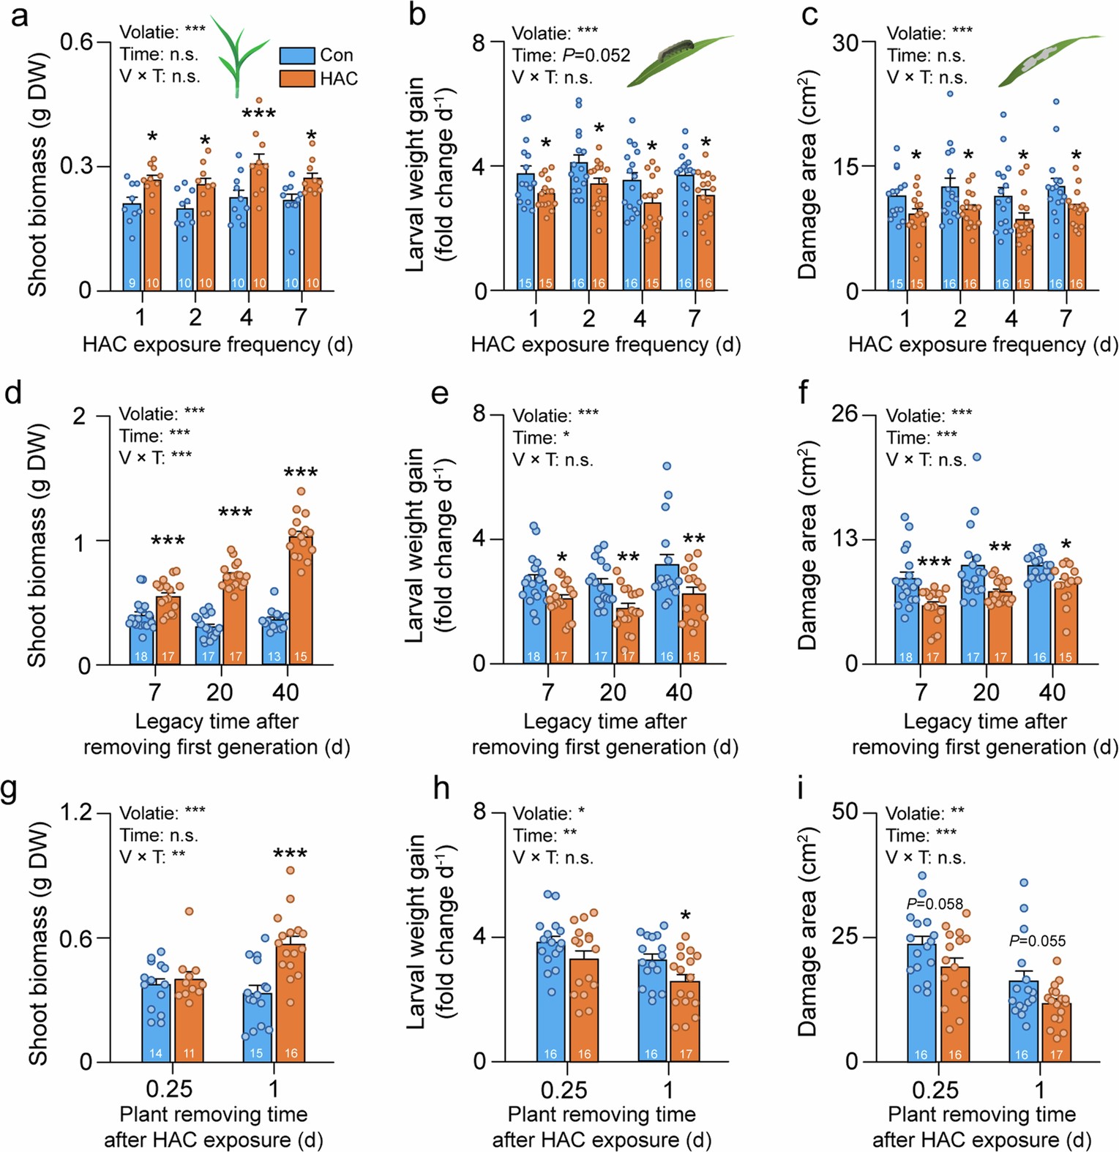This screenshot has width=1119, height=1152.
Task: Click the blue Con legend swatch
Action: click(296, 56)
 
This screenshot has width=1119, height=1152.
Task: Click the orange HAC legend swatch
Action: click(296, 78)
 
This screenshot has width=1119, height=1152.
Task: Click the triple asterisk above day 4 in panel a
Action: click(258, 114)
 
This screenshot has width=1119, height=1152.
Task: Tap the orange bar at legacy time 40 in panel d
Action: click(301, 600)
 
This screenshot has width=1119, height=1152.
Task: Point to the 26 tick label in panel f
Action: click(844, 414)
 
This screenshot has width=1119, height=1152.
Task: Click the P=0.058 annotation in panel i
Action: click(935, 904)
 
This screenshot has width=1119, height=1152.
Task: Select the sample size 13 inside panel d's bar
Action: click(274, 657)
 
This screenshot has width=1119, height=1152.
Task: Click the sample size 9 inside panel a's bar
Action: click(132, 283)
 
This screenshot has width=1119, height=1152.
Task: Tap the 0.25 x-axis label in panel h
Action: click(564, 1090)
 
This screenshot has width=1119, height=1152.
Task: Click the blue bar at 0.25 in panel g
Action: click(156, 1020)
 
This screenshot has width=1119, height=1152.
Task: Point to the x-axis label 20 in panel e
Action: click(613, 692)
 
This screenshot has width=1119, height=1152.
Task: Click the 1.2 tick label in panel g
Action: click(75, 812)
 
